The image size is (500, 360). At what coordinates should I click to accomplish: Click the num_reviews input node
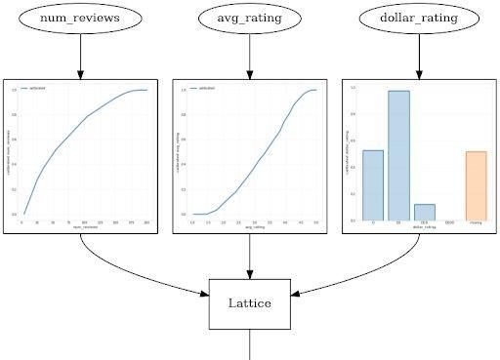point(80,19)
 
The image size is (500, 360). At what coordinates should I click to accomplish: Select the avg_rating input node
point(250,19)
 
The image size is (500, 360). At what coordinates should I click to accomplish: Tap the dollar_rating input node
point(419,19)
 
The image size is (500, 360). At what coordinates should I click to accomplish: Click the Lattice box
point(250,303)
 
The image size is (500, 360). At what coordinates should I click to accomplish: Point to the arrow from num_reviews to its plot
point(80,58)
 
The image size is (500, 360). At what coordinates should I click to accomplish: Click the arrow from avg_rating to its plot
point(250,58)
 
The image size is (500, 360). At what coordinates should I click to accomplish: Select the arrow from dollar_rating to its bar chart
point(419,58)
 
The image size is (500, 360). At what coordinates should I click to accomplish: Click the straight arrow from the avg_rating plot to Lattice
point(250,256)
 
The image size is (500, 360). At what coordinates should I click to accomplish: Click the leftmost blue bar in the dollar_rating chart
point(373,185)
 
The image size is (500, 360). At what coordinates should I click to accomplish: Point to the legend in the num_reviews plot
point(35,89)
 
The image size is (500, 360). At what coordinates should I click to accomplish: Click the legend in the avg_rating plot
point(205,89)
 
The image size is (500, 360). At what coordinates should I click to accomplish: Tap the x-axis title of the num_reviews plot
point(84,227)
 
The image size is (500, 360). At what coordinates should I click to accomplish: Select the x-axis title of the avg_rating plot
point(254,227)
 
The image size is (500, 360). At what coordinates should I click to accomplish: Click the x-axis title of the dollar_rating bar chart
point(424,227)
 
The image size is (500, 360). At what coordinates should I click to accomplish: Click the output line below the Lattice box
point(250,344)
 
